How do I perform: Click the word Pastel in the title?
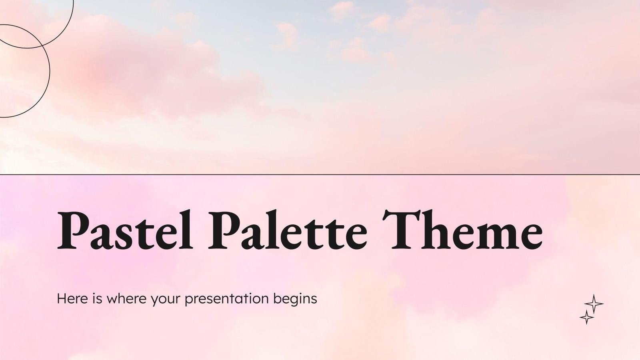(124, 230)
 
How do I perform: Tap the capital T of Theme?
(400, 230)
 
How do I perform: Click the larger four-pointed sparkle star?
(594, 304)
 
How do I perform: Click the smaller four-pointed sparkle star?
(587, 317)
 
